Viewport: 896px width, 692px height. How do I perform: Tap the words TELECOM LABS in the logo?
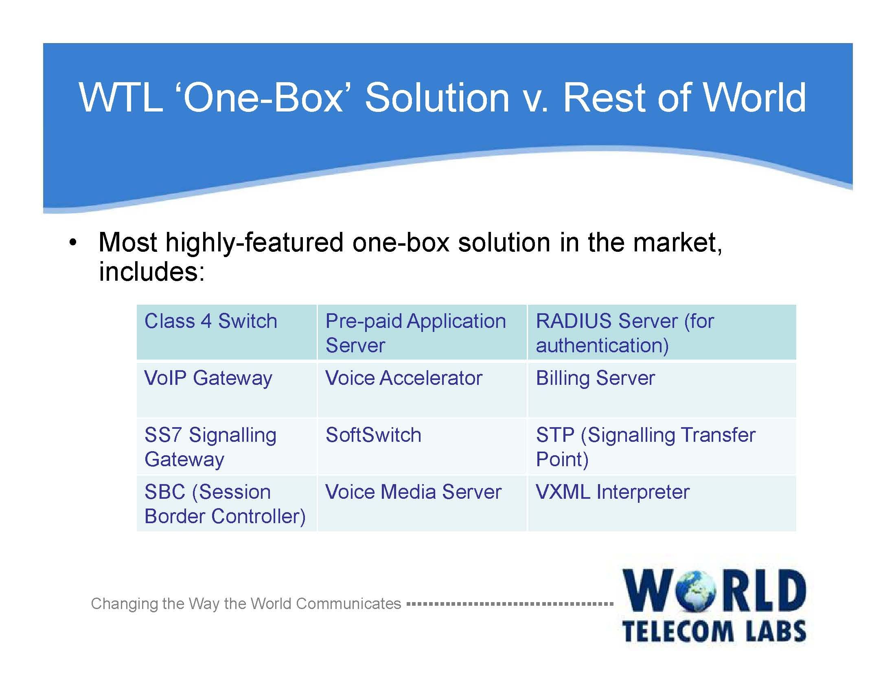click(x=714, y=631)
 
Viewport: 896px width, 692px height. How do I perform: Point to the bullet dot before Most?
click(x=72, y=242)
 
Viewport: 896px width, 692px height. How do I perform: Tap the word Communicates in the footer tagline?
click(x=348, y=604)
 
